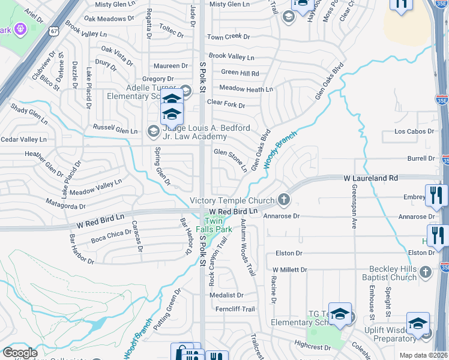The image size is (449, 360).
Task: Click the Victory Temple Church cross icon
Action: [x=283, y=200]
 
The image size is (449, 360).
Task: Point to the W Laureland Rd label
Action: [x=371, y=178]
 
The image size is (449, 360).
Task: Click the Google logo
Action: [x=19, y=353]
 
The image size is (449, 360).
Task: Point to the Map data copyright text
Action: [x=423, y=355]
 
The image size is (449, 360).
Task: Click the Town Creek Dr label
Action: [x=228, y=37]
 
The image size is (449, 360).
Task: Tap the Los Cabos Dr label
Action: [x=414, y=131]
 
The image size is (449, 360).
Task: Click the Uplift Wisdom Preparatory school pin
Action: [x=418, y=323]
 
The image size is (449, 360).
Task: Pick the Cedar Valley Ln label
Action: [x=23, y=139]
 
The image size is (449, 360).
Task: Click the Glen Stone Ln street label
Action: [x=231, y=160]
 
